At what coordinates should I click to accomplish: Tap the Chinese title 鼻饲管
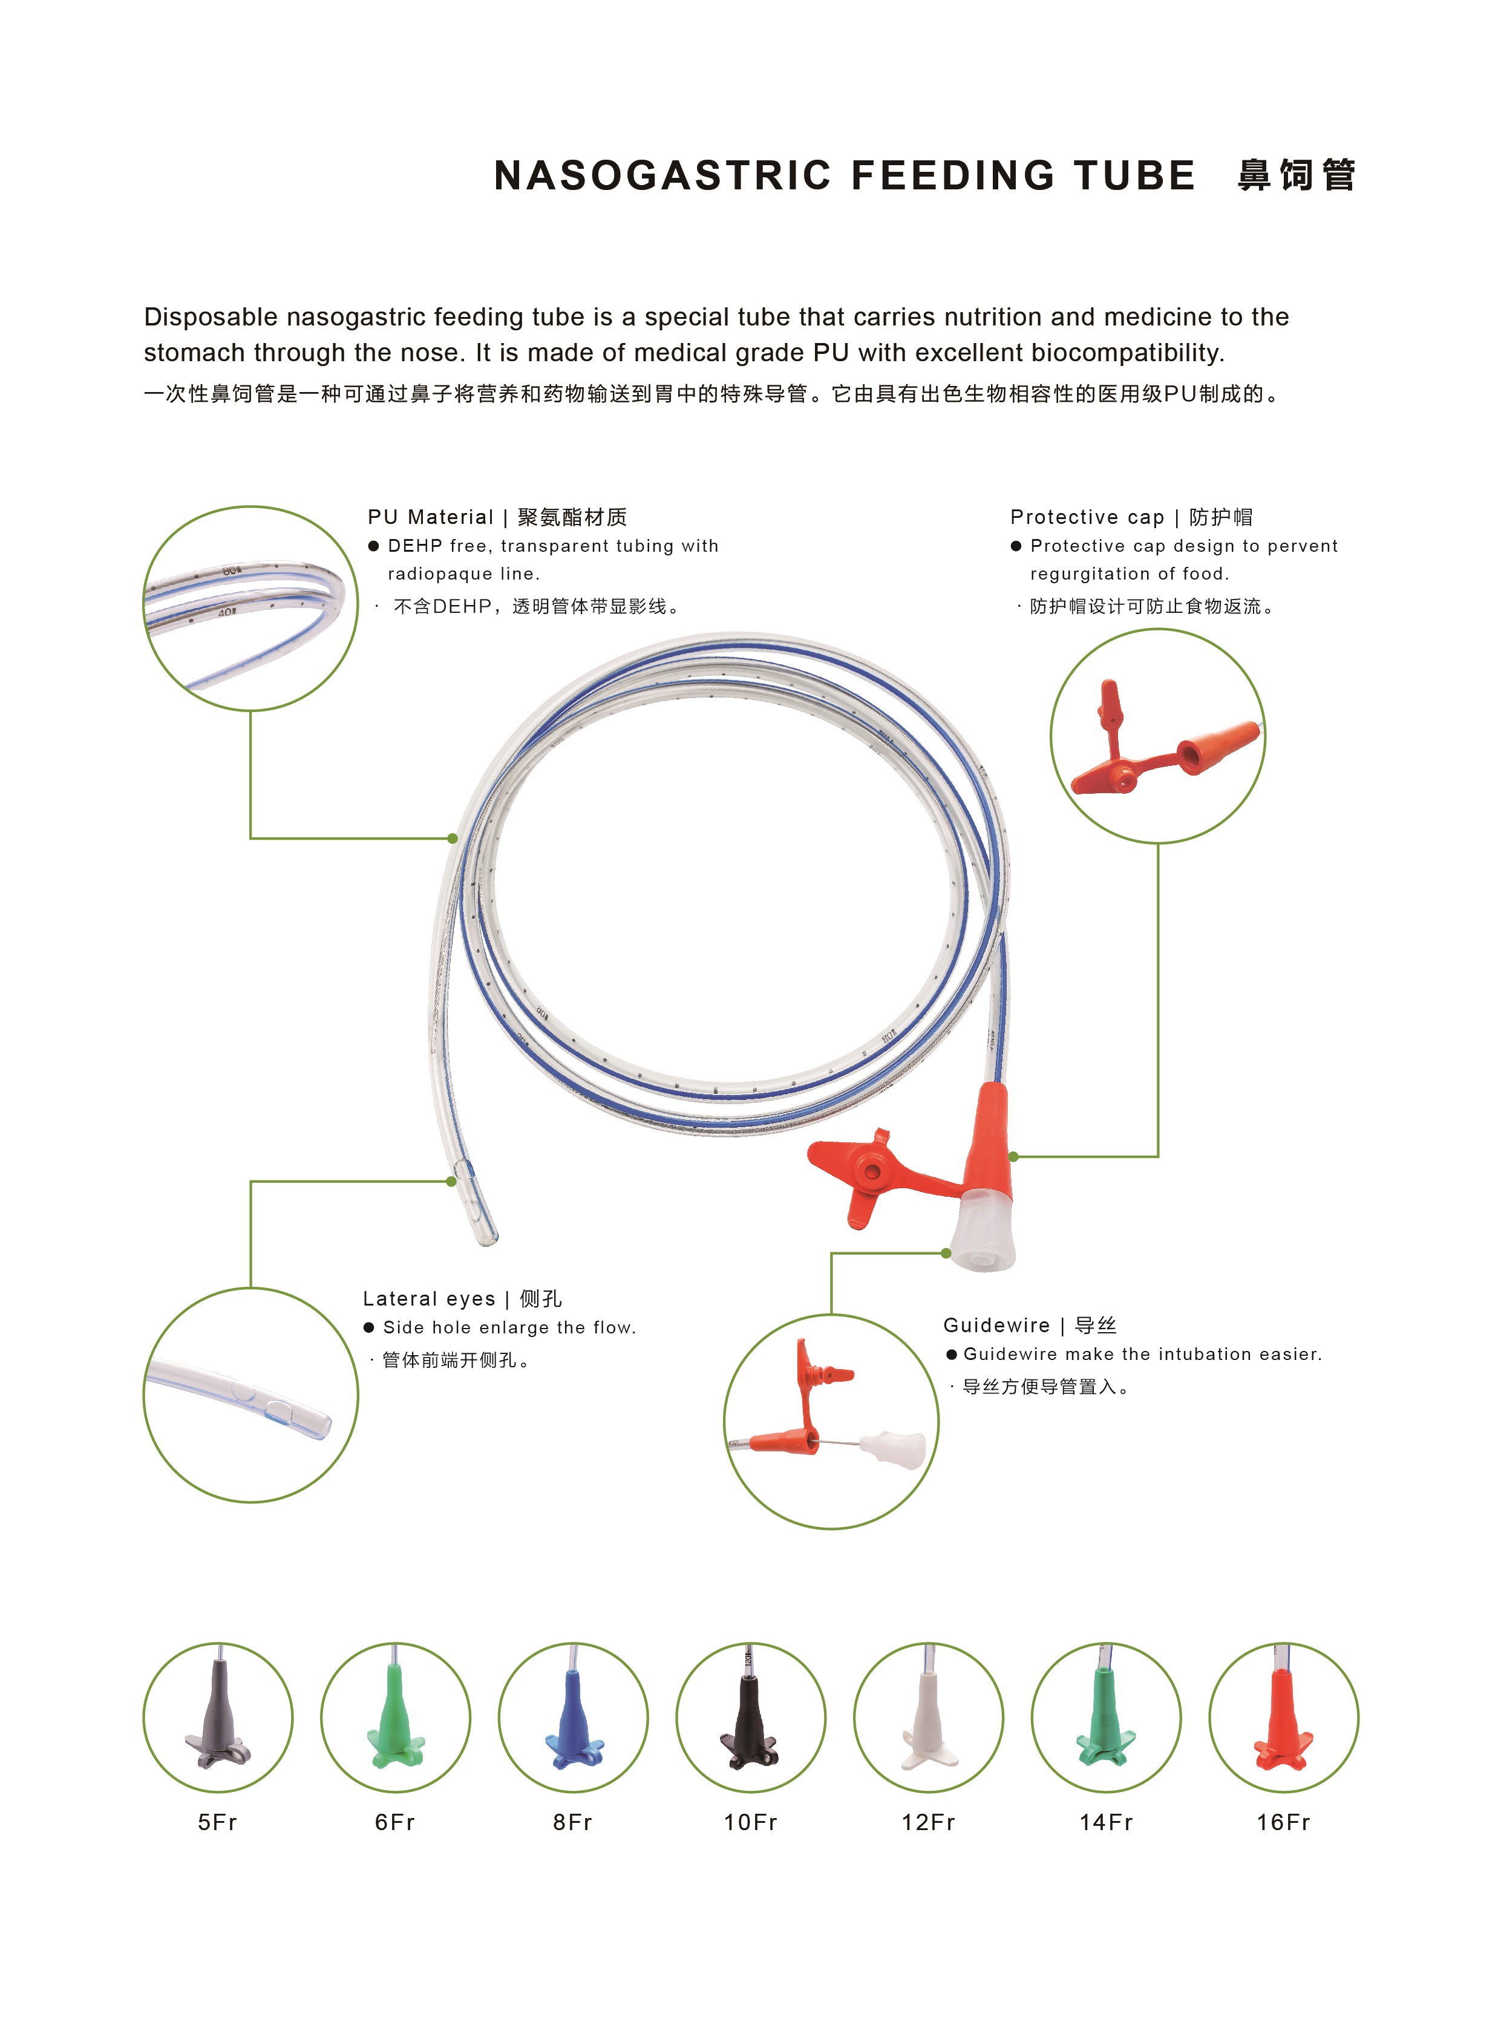click(x=1297, y=175)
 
